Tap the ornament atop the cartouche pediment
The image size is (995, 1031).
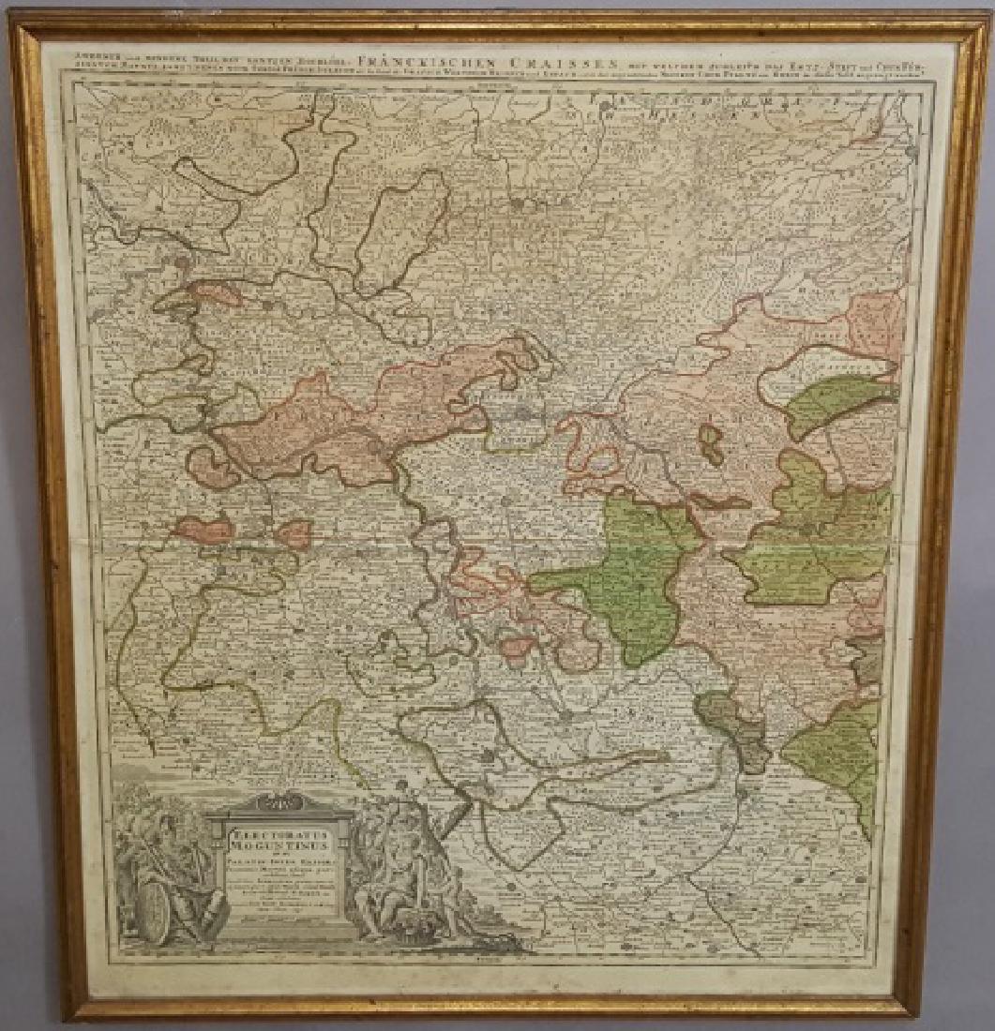click(x=281, y=799)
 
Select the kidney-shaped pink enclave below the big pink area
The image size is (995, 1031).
click(x=211, y=467)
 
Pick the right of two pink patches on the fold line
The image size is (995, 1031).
click(x=294, y=535)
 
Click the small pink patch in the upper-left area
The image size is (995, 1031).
click(x=212, y=292)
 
